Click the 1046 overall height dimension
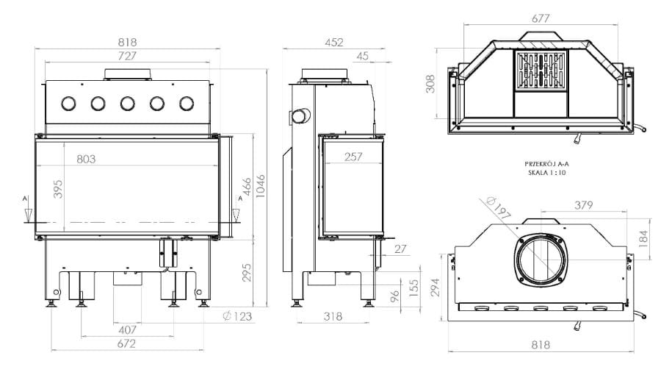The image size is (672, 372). [x=260, y=186]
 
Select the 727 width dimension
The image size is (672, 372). [x=127, y=56]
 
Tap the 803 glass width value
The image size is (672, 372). [x=86, y=160]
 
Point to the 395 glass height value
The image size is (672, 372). [x=58, y=189]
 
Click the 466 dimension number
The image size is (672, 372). [x=247, y=187]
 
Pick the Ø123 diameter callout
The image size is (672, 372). [x=237, y=317]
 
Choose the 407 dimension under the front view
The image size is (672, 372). [x=127, y=330]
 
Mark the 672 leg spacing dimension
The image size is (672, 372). [x=127, y=343]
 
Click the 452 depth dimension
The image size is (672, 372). [x=334, y=43]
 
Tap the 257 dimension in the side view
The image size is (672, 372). [x=353, y=157]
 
